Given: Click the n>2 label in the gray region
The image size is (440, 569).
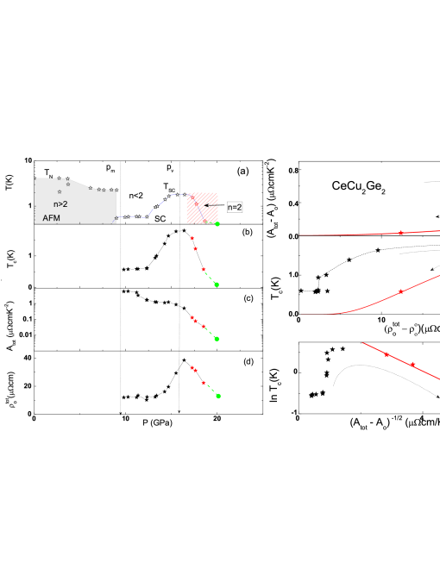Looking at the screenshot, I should [x=60, y=204].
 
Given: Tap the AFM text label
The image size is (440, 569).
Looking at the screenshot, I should [x=52, y=218].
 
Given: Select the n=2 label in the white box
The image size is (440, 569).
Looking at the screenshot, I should [x=235, y=208].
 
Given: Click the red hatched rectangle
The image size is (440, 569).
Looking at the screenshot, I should [x=202, y=208].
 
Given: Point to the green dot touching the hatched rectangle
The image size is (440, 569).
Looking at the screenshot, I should [x=217, y=224].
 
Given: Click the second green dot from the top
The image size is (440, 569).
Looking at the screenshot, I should [x=217, y=284].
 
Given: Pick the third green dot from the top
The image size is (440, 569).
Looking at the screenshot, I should [x=217, y=339].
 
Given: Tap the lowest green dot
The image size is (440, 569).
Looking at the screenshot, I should [x=218, y=396].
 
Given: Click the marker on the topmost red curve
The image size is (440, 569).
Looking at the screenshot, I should [x=400, y=233].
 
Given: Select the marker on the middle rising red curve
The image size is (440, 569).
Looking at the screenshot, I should [x=400, y=292].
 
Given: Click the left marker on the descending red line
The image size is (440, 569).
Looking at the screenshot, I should [x=387, y=354].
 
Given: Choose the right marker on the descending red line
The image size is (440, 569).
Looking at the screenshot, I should [x=412, y=365].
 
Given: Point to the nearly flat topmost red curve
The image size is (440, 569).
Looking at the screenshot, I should [x=345, y=234].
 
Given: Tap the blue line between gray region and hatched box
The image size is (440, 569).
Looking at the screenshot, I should [x=155, y=208].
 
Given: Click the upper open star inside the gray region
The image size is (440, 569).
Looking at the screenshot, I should [x=68, y=184].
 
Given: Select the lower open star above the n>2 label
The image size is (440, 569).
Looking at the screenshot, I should [x=60, y=191].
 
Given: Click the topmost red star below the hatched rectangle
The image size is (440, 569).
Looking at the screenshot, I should [x=192, y=238].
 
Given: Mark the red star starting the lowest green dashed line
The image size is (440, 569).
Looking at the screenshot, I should [x=204, y=383].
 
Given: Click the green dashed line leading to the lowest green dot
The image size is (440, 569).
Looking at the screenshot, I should [x=211, y=390].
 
